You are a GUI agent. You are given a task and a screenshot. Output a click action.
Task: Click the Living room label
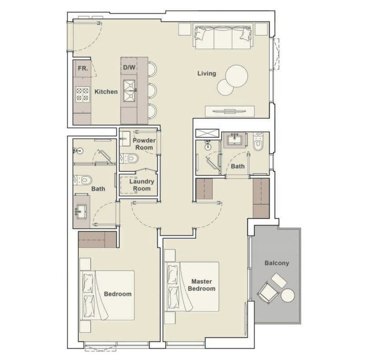click(x=207, y=73)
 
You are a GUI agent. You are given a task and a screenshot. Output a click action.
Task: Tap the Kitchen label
click(x=106, y=91)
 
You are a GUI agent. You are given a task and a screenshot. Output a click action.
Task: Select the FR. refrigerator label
click(x=82, y=68)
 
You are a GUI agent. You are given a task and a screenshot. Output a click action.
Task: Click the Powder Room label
click(x=144, y=144)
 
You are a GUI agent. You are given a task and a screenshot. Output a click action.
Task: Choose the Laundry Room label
click(x=142, y=185)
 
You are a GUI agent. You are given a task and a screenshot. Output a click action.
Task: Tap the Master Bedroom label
click(x=202, y=285)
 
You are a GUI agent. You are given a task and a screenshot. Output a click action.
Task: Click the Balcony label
click(x=277, y=263)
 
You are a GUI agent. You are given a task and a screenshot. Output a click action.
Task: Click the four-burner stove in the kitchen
click(x=82, y=95)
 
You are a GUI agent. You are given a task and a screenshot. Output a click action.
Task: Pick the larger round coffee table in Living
click(x=237, y=75)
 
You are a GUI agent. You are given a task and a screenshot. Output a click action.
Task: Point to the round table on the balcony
click(x=288, y=296)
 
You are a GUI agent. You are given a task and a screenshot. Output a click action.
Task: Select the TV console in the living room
click(x=226, y=111)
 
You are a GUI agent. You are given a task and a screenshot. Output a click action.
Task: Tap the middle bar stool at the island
click(x=152, y=90)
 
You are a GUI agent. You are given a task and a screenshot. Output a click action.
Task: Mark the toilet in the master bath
click(x=258, y=143)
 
